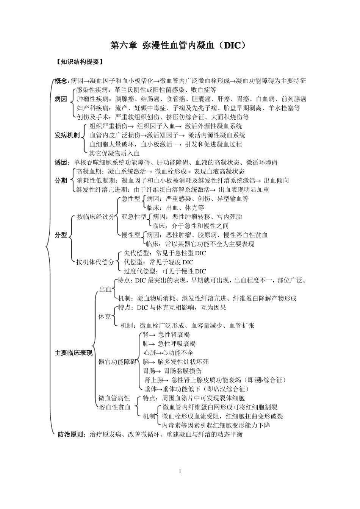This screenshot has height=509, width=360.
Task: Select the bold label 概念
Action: click(61, 81)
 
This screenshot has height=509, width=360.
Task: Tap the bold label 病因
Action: click(61, 99)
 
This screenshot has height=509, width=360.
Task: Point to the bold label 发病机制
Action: click(67, 135)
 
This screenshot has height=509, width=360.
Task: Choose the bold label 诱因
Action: click(61, 162)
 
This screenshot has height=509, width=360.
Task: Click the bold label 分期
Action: click(61, 181)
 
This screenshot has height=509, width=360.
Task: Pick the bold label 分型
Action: click(61, 235)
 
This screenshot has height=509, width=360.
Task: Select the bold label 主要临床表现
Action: click(74, 353)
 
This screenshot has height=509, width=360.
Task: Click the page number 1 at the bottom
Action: click(180, 472)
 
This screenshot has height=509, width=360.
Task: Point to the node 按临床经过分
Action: click(95, 217)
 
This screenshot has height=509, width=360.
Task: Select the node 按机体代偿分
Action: click(95, 262)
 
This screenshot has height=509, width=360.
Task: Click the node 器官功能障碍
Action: click(117, 362)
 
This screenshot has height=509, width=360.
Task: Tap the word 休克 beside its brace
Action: click(105, 317)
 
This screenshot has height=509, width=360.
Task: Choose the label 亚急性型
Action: click(134, 217)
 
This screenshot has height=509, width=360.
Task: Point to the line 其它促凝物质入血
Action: click(114, 153)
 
